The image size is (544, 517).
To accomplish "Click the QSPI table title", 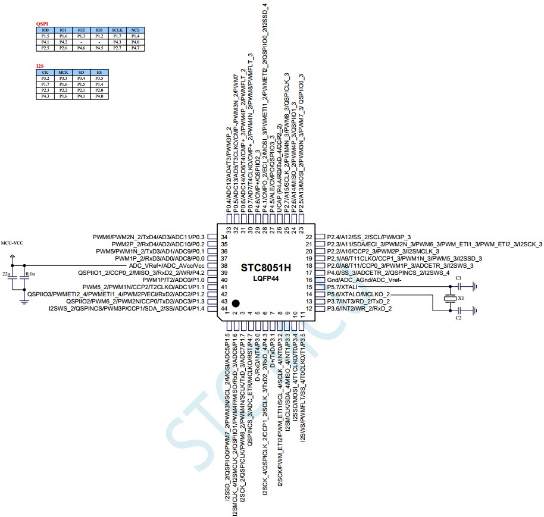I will coord(42,24).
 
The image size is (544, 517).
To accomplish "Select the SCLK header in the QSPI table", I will coord(117,30).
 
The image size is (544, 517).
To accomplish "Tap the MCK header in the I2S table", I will coord(63,73).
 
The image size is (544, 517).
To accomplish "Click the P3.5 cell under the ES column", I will coord(99,79).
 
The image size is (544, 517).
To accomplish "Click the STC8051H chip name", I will coord(266,268).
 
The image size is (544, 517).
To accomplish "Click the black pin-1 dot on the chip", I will coord(236,303).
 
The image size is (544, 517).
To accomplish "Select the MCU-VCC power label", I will coord(12,243).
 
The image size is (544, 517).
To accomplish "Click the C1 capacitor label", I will coord(458,278).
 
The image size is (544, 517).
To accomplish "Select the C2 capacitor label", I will coord(458,318).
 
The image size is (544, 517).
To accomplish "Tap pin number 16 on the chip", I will coord(309,280).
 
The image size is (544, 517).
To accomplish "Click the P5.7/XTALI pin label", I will coord(346,287).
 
